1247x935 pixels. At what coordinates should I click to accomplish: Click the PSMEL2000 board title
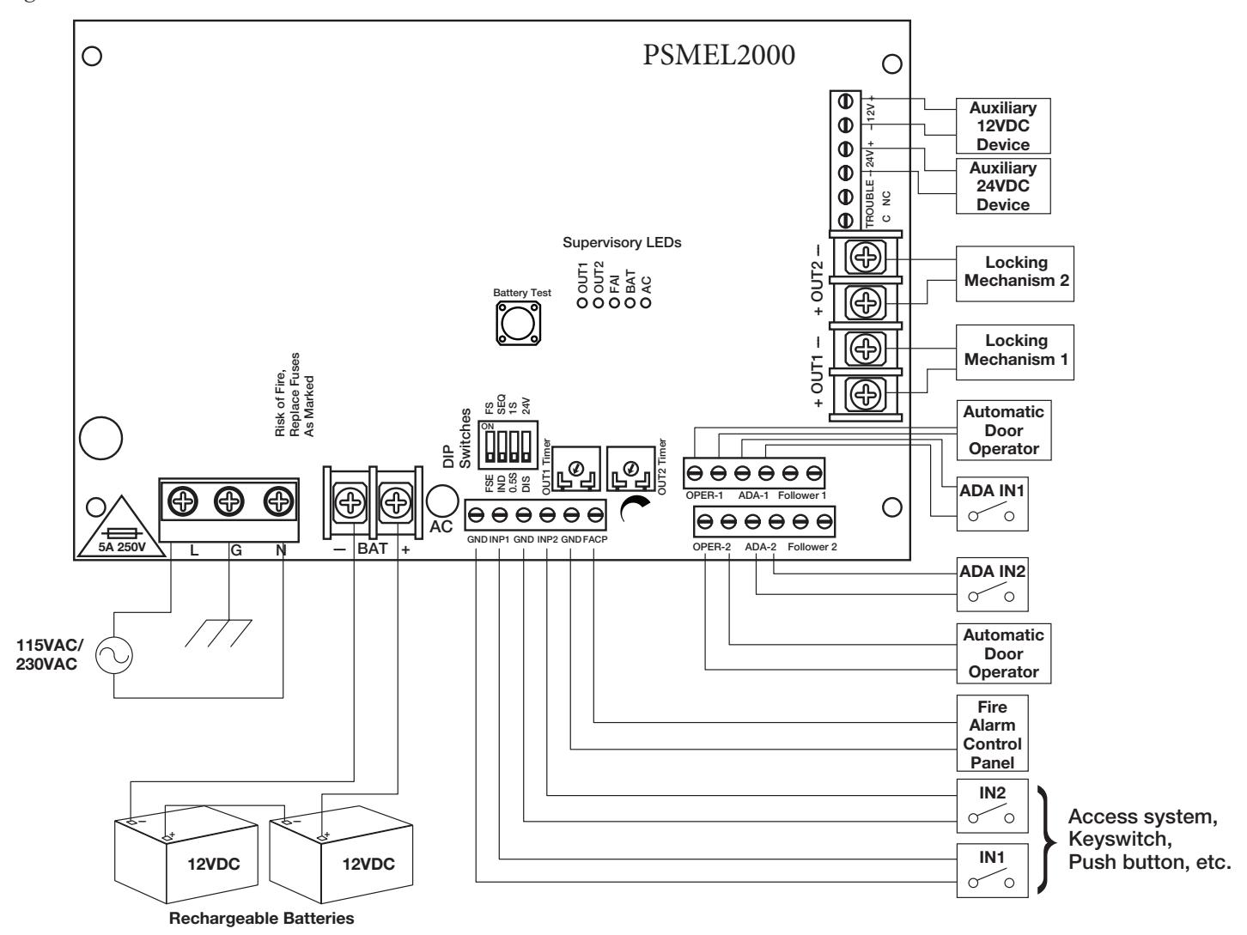pos(719,55)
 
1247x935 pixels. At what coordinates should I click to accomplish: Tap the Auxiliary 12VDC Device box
pos(1003,126)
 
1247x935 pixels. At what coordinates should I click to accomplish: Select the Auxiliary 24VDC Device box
pos(1003,186)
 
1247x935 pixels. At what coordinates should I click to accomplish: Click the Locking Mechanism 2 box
pos(1014,274)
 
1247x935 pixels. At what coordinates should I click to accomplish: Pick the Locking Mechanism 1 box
pos(1014,353)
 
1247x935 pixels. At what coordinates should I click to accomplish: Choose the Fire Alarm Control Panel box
pos(992,733)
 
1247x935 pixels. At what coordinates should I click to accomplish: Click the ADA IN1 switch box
pos(992,504)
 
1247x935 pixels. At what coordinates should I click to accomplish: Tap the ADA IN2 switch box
pos(992,584)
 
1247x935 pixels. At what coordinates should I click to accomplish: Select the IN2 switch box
pos(992,806)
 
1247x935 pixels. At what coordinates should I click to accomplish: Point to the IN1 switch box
pos(992,871)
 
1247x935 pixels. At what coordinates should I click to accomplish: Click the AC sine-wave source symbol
pos(113,656)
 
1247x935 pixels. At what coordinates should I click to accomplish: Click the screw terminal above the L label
pos(182,502)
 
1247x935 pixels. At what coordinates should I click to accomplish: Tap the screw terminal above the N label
pos(278,502)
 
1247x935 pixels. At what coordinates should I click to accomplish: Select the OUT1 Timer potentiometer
pos(576,469)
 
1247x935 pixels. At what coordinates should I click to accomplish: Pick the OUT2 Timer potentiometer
pos(630,469)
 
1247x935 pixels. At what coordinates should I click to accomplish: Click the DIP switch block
pos(508,445)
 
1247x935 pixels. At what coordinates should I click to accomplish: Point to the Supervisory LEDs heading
pos(622,242)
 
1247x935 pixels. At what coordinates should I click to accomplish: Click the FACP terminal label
pos(595,539)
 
